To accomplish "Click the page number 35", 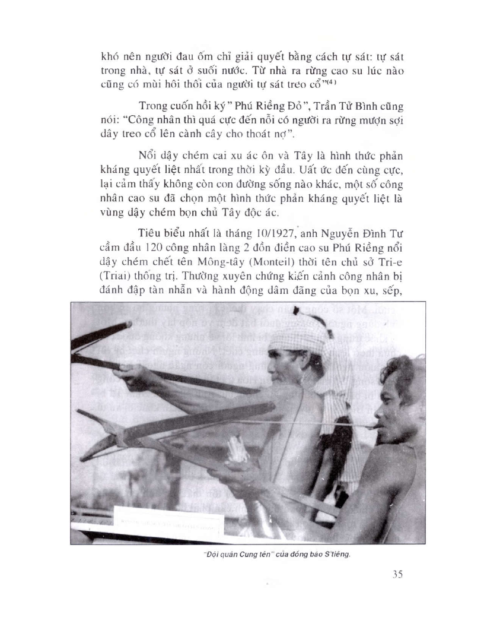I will point(398,575).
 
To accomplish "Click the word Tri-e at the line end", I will point(391,275).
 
